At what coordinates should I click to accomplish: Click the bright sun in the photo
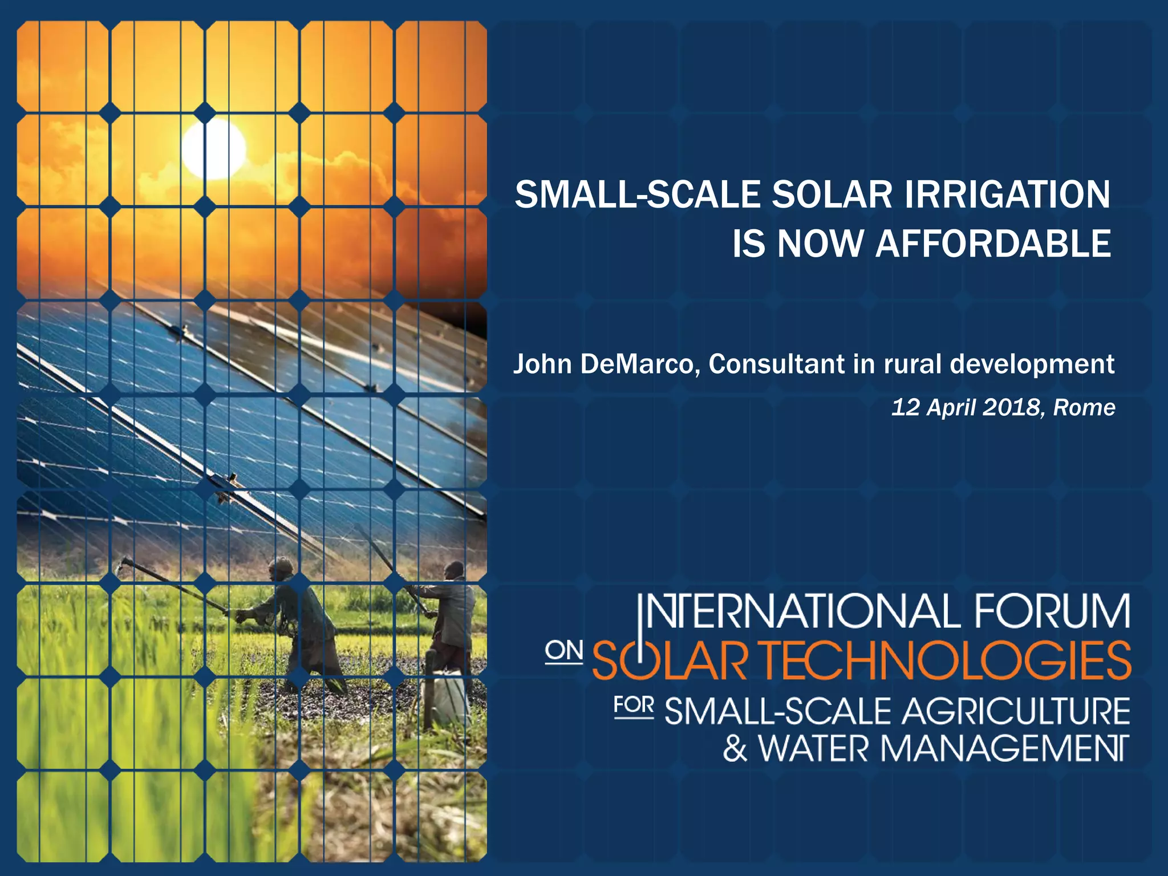pos(214,149)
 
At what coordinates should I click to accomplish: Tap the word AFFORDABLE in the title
pos(993,244)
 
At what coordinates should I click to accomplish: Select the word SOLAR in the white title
pos(832,194)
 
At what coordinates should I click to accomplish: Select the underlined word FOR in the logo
pos(634,705)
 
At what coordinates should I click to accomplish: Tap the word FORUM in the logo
pos(1052,612)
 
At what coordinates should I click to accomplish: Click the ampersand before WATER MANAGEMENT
pos(735,749)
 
